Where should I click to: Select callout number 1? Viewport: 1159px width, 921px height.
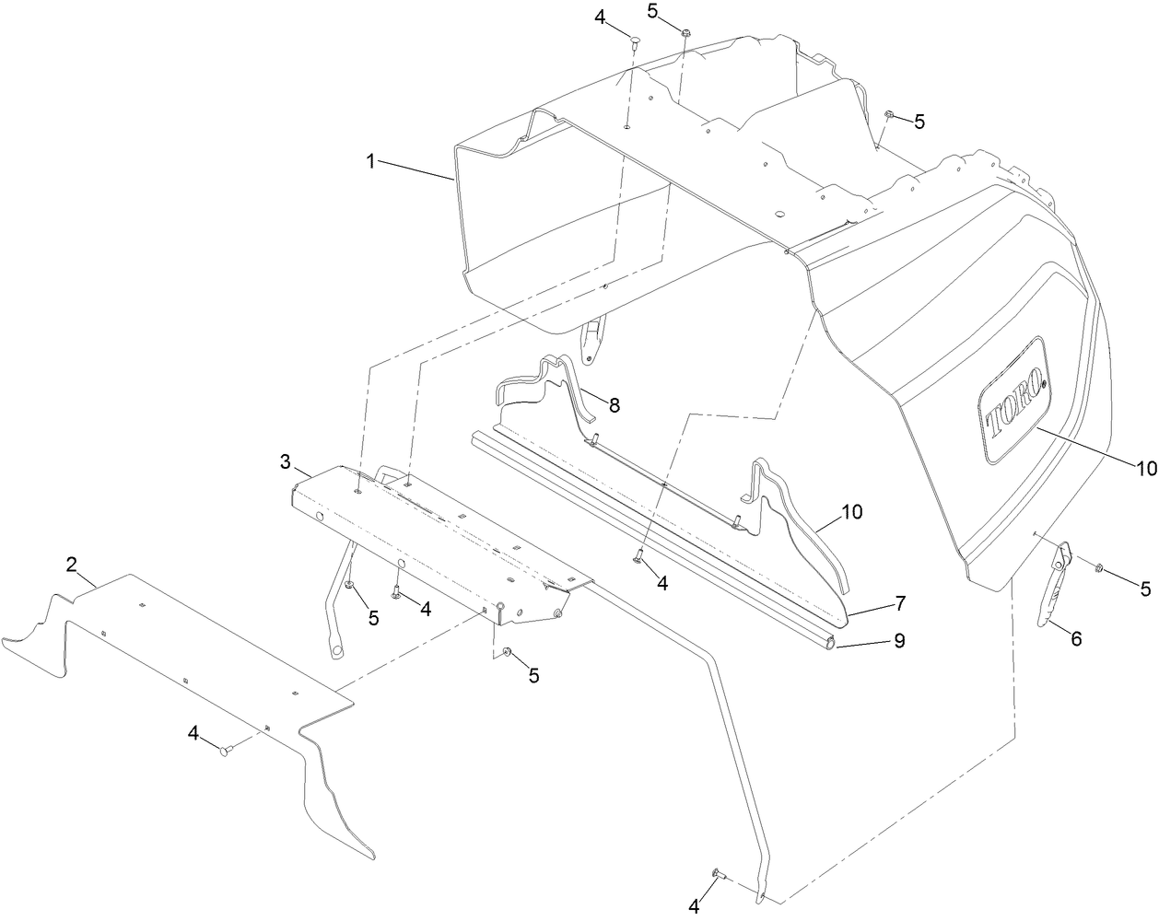370,161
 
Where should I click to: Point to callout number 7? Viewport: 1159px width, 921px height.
899,604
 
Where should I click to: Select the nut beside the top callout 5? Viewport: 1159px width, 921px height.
687,34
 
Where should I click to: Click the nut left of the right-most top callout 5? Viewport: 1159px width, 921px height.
889,114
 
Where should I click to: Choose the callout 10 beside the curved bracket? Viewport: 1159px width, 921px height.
852,512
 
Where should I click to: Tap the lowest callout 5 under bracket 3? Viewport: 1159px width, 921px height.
533,675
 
